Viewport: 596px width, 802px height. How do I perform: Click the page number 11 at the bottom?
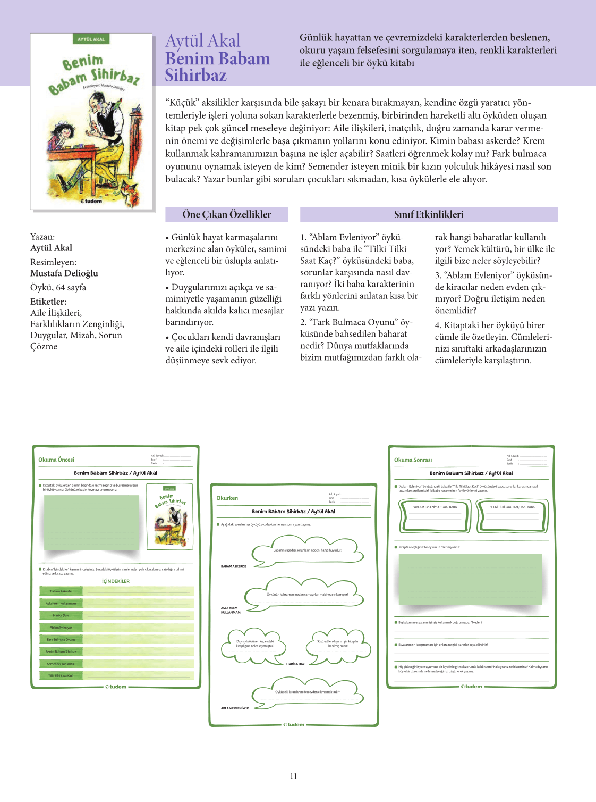pyautogui.click(x=293, y=776)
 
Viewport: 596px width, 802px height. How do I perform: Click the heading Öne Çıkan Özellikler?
pyautogui.click(x=226, y=214)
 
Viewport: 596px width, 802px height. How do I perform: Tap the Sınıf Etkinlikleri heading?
pyautogui.click(x=428, y=214)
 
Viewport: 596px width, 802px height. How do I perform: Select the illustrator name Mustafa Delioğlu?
pyautogui.click(x=64, y=273)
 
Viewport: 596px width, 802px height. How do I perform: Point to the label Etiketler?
pyautogui.click(x=48, y=302)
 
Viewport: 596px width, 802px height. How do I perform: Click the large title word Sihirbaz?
pyautogui.click(x=195, y=76)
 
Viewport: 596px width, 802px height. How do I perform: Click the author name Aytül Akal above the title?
pyautogui.click(x=202, y=40)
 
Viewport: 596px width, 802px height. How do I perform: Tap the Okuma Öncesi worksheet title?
pyautogui.click(x=56, y=460)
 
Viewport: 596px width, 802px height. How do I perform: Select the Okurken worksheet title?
pyautogui.click(x=227, y=498)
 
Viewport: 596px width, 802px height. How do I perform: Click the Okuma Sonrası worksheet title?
pyautogui.click(x=413, y=460)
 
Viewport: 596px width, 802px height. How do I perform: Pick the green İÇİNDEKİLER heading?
pyautogui.click(x=116, y=581)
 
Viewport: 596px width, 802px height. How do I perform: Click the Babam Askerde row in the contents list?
pyautogui.click(x=61, y=591)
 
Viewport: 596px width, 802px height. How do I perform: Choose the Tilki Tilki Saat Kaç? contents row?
pyautogui.click(x=61, y=676)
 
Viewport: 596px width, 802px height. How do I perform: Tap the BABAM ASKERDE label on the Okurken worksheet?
pyautogui.click(x=233, y=566)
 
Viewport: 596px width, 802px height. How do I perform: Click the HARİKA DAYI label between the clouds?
pyautogui.click(x=296, y=664)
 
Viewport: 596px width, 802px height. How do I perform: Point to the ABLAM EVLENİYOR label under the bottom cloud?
pyautogui.click(x=234, y=708)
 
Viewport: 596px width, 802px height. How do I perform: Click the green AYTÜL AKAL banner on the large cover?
pyautogui.click(x=91, y=39)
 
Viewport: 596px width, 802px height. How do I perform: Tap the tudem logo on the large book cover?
pyautogui.click(x=91, y=202)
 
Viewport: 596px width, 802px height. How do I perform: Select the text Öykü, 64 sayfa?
pyautogui.click(x=58, y=288)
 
